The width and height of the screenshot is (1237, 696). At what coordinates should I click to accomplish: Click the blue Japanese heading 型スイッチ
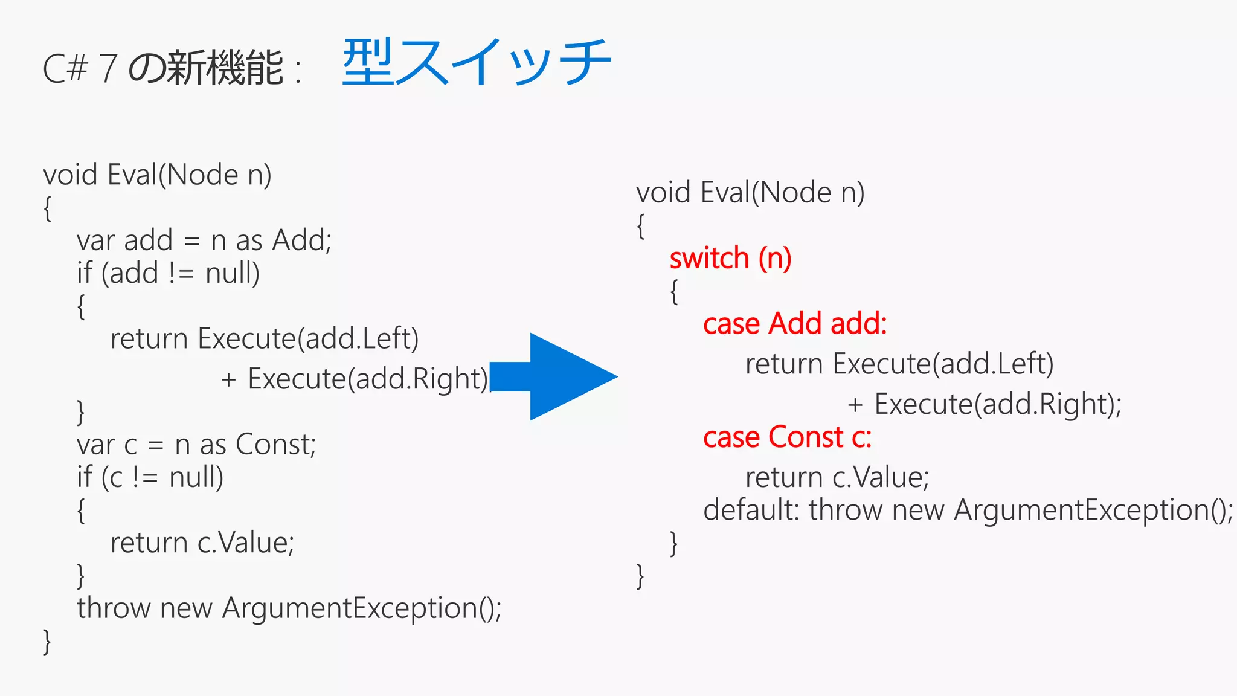[476, 62]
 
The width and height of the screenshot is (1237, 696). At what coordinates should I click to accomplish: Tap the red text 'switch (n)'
[730, 259]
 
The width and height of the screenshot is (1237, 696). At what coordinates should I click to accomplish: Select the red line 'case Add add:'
[795, 324]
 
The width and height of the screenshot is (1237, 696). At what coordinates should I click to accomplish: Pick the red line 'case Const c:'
[787, 437]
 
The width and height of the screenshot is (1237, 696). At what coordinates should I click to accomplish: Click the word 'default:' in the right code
[751, 511]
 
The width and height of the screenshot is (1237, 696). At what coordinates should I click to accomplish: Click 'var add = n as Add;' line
[204, 240]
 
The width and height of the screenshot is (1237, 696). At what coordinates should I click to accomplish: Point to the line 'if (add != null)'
[168, 273]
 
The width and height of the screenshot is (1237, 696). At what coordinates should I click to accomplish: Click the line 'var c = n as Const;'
[196, 445]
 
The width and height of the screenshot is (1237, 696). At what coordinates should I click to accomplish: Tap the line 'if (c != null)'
[150, 477]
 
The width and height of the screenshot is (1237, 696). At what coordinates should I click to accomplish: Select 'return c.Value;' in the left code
[202, 543]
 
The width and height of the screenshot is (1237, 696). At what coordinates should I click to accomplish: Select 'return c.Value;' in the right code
[837, 477]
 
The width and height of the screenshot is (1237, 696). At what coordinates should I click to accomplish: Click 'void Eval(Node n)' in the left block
[157, 175]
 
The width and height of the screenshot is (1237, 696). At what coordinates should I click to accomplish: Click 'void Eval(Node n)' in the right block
[750, 193]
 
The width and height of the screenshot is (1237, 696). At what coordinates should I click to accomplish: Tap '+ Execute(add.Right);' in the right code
[985, 404]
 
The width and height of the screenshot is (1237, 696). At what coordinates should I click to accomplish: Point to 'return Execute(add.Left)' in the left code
[264, 338]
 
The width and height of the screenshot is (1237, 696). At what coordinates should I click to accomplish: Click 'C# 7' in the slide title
[80, 68]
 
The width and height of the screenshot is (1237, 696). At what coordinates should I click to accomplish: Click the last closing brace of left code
[47, 641]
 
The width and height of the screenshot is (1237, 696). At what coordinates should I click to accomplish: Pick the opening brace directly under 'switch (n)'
[674, 291]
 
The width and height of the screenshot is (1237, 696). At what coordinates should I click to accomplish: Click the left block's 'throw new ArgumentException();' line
[289, 608]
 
